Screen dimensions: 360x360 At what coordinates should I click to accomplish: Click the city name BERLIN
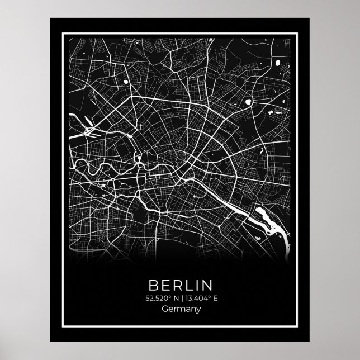180,282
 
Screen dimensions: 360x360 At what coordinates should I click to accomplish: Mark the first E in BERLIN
166,282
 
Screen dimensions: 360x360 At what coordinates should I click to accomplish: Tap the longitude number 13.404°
196,297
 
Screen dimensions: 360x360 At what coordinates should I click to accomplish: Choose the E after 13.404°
215,297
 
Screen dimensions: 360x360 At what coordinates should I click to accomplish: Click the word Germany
180,309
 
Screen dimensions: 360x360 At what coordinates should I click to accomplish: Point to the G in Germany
164,309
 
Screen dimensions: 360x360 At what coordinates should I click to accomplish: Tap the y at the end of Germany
198,310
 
